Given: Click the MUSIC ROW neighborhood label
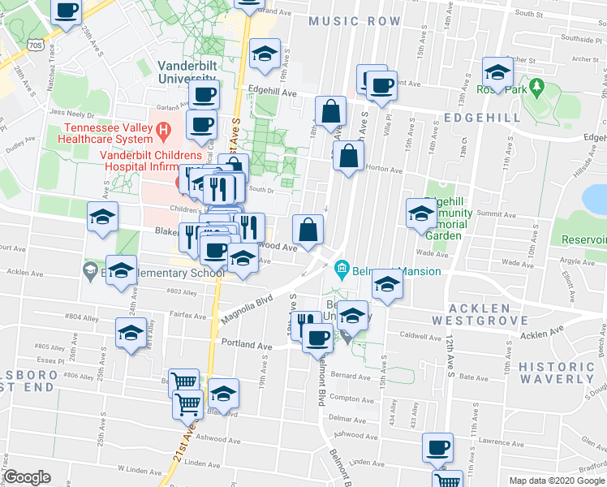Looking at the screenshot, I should pos(355,20).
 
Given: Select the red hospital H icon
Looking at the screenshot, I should pos(162,129).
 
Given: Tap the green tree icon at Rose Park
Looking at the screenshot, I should pos(536,85).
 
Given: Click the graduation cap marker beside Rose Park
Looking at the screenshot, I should pos(497,71).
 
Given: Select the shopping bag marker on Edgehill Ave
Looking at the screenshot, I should pos(330,111).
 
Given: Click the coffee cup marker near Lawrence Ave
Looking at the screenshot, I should pos(438,447).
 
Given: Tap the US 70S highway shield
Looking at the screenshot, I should pos(35,45).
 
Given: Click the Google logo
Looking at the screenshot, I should pos(28,477).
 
